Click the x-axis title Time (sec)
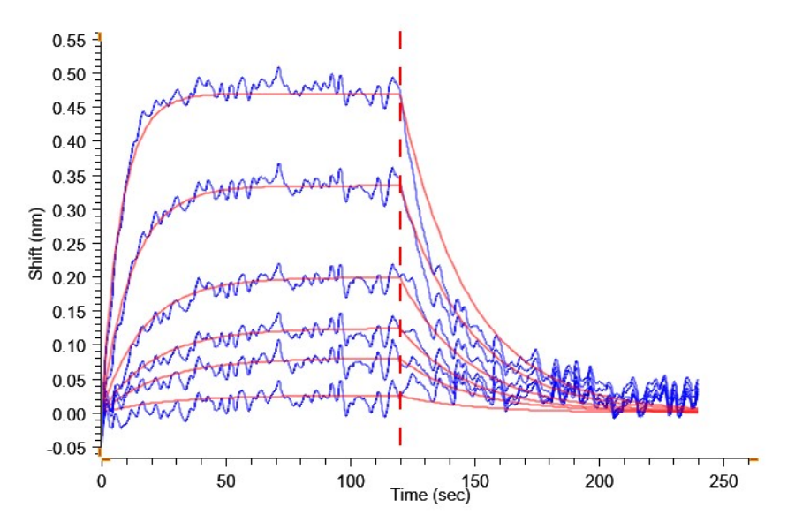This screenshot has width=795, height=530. [x=431, y=496]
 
